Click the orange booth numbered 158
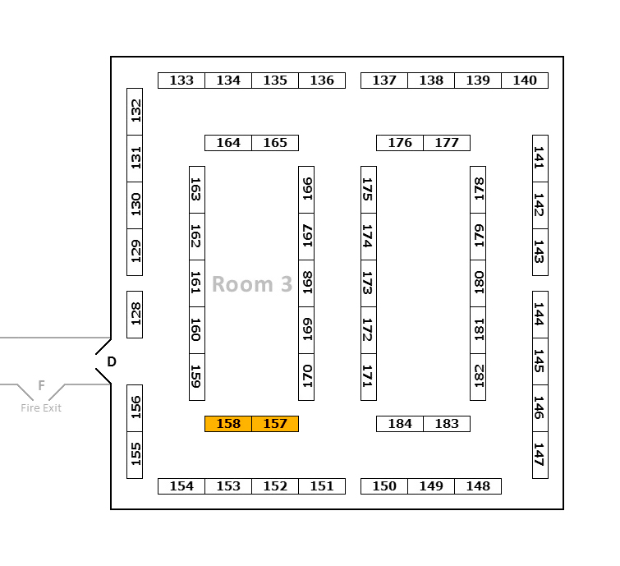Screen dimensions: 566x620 [228, 424]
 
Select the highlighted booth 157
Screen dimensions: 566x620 [275, 424]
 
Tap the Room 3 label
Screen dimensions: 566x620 [252, 284]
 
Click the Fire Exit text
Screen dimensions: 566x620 [41, 408]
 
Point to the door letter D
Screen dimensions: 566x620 [112, 361]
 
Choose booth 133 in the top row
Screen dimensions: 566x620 [181, 81]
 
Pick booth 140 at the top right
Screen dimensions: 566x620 [525, 81]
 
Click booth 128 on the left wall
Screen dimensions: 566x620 [135, 314]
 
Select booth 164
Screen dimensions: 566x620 [228, 143]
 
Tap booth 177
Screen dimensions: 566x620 [447, 143]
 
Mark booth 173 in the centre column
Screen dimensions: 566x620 [368, 283]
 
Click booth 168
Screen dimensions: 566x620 [306, 283]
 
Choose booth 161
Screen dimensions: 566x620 [197, 283]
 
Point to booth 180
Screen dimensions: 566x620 [478, 283]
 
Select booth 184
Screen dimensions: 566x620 [400, 424]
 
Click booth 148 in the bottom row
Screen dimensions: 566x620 [478, 486]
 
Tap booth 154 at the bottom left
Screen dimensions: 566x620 [181, 486]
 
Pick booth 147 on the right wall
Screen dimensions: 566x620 [540, 454]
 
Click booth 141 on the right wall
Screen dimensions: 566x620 [540, 159]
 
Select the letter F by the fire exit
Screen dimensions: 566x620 [41, 385]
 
